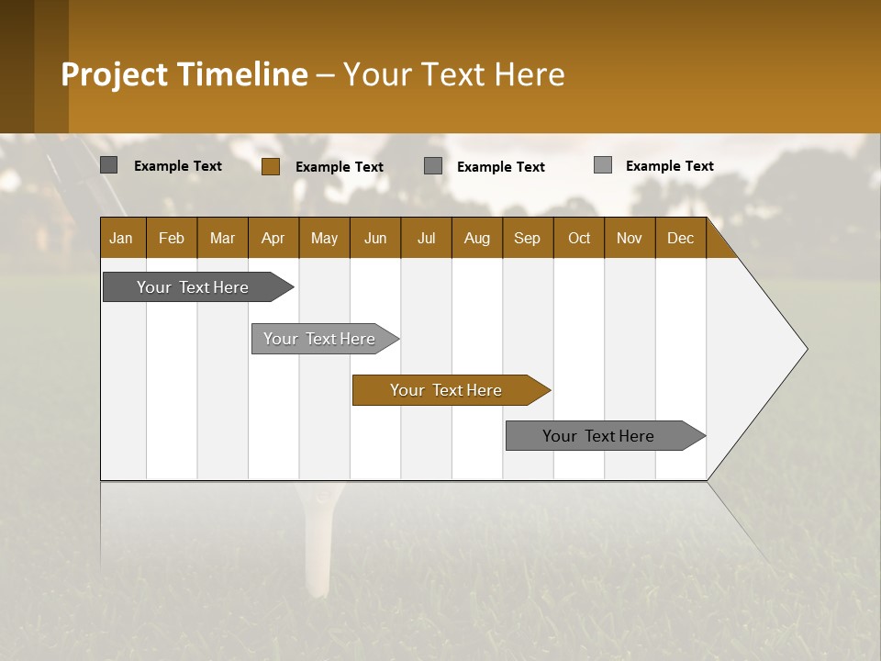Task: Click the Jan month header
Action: click(x=121, y=238)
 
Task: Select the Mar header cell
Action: click(x=222, y=238)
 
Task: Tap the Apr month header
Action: click(x=273, y=238)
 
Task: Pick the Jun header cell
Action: click(x=375, y=238)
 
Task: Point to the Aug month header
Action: click(x=476, y=238)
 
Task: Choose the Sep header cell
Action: click(x=527, y=238)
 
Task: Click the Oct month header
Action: click(x=579, y=238)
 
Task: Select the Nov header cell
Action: click(x=630, y=238)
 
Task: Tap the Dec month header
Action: click(x=680, y=238)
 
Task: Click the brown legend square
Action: click(x=270, y=166)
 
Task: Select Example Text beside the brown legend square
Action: click(x=339, y=167)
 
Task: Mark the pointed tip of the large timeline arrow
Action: click(x=806, y=349)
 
